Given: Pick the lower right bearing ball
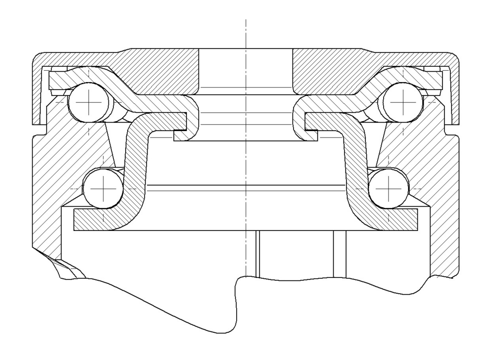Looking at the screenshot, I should (389, 188).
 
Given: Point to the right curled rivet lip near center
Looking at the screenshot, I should (298, 119).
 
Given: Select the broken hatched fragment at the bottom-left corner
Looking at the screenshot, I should (67, 267).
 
